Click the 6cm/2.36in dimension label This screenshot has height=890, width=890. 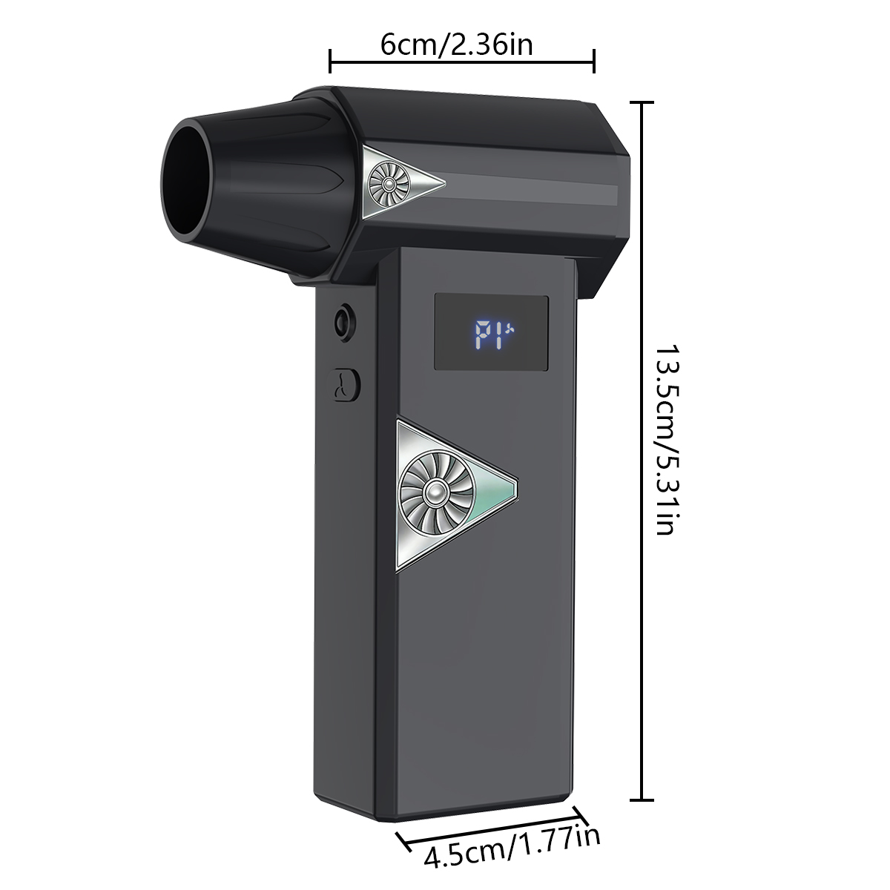point(456,44)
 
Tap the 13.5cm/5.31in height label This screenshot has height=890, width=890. point(667,439)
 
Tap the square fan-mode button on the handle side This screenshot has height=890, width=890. point(343,384)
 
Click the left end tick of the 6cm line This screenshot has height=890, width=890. point(330,61)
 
